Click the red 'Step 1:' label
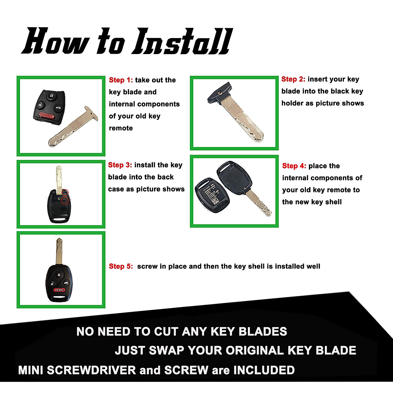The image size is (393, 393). point(121,80)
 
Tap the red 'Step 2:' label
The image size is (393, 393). point(293,79)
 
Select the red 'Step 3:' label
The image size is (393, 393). point(120,165)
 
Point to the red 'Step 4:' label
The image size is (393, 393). point(294,166)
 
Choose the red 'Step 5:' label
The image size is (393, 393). point(121,266)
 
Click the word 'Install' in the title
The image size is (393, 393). point(182,42)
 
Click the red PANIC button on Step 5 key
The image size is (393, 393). point(59,290)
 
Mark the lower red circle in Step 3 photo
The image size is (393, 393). point(65,200)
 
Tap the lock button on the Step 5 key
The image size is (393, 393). point(58,274)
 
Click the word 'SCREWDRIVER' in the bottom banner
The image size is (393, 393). point(91,370)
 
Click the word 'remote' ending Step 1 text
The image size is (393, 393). point(121,128)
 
